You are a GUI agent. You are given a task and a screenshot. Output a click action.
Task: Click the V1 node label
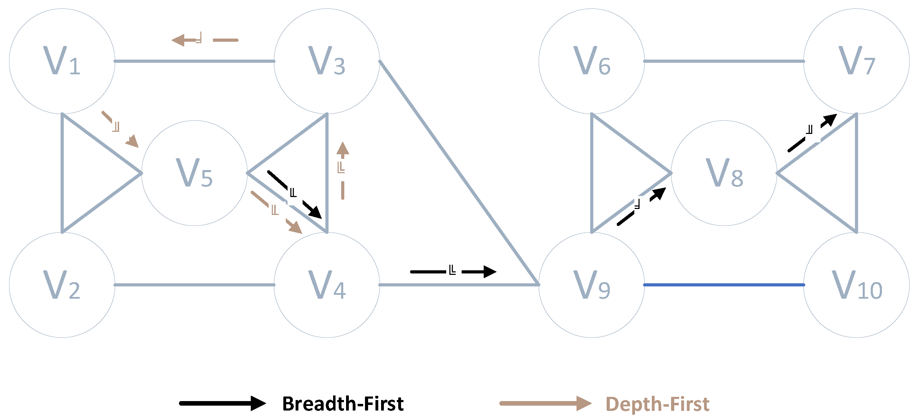point(62,61)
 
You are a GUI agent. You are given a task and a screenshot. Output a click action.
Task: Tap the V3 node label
point(326,61)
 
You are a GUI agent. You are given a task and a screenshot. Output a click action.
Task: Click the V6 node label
point(592,61)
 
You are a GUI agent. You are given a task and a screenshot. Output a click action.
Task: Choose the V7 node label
point(856,61)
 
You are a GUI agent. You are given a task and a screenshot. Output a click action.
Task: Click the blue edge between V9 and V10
point(724,285)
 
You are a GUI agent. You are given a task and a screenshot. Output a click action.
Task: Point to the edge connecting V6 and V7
point(724,61)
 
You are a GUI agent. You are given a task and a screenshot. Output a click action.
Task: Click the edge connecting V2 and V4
point(194,285)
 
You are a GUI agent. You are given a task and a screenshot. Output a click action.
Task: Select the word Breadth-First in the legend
point(343,404)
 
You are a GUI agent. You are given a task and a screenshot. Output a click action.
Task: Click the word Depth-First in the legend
point(657,404)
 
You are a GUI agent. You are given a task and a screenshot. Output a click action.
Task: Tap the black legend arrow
point(222,403)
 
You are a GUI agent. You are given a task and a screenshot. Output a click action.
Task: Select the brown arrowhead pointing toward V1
point(178,40)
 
